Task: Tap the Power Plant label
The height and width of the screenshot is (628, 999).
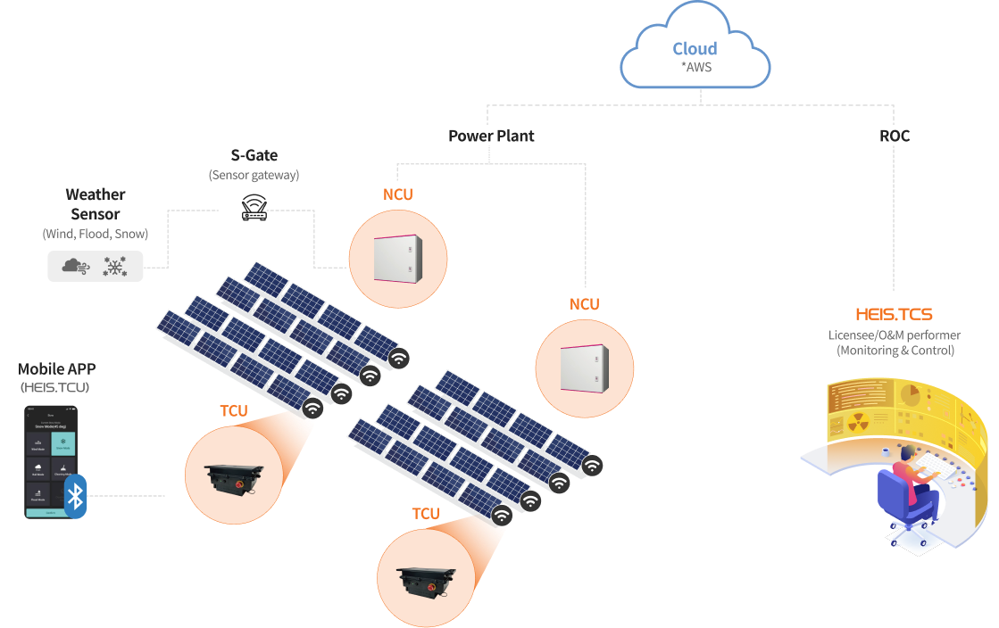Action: coord(491,136)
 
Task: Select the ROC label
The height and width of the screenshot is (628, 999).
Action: coord(894,136)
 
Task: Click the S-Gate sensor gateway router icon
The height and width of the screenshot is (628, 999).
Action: coord(254,208)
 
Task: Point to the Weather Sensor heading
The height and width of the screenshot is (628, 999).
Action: coord(96,204)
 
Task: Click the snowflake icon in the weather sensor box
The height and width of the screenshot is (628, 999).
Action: coord(115,266)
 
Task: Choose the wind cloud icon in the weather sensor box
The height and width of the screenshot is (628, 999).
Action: coord(76,266)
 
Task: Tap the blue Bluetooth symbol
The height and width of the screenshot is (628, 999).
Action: coord(76,496)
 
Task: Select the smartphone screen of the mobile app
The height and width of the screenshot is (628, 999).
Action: coord(51,462)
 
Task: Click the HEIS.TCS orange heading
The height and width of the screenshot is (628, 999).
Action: coord(894,315)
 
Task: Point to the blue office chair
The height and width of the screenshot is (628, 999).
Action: coord(903,500)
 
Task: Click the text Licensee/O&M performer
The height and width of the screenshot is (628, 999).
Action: coord(895,335)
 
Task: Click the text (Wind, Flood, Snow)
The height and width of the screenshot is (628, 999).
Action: coord(96,234)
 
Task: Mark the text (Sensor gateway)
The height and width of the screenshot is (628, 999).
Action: coord(254,175)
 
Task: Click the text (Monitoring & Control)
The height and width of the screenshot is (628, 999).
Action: coord(895,351)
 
